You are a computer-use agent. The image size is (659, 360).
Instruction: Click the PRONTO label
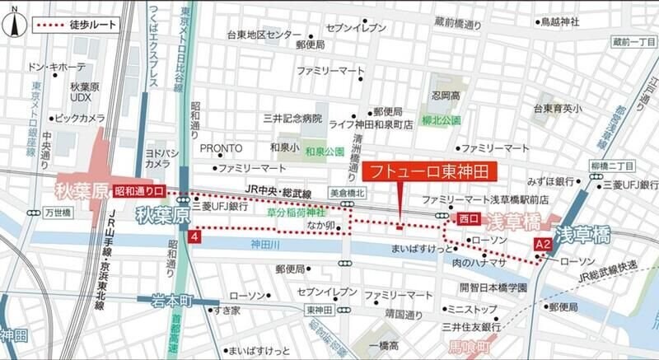pyautogui.click(x=222, y=147)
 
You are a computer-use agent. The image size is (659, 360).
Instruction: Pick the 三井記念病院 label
pyautogui.click(x=292, y=118)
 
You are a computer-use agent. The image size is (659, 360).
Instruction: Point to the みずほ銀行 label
pyautogui.click(x=552, y=180)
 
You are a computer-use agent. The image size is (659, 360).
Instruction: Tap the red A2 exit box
pyautogui.click(x=543, y=244)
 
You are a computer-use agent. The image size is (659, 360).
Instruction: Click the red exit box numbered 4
pyautogui.click(x=194, y=237)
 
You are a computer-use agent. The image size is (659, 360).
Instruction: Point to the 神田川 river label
pyautogui.click(x=267, y=245)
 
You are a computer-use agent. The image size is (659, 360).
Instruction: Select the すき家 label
pyautogui.click(x=227, y=311)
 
